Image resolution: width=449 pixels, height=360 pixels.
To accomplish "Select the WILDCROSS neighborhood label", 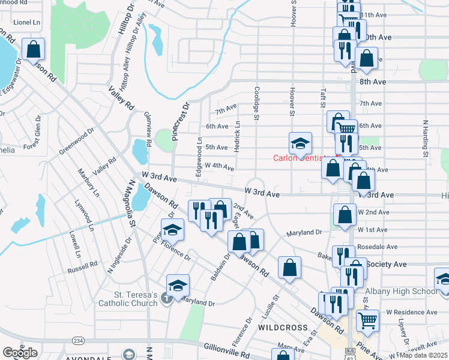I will (x=279, y=328).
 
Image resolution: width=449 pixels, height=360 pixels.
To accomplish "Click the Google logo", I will (x=20, y=352).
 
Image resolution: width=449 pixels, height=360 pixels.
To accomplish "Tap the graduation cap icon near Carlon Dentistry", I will (x=300, y=143).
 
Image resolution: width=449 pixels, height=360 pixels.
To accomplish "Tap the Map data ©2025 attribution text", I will (x=424, y=355).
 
